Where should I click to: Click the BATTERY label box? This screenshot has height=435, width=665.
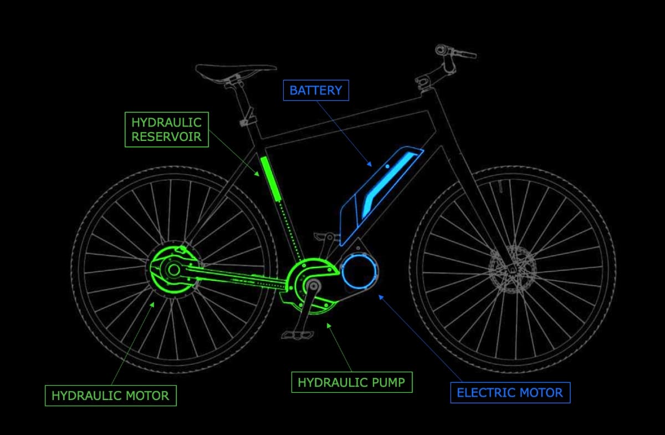pyautogui.click(x=316, y=90)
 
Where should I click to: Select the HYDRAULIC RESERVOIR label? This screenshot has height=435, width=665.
pyautogui.click(x=167, y=129)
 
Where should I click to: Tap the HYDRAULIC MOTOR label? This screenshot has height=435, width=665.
pyautogui.click(x=110, y=396)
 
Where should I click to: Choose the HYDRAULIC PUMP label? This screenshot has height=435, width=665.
pyautogui.click(x=351, y=382)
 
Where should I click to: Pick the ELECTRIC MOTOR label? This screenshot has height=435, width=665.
pyautogui.click(x=510, y=393)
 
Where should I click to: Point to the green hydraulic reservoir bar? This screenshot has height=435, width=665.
pyautogui.click(x=270, y=178)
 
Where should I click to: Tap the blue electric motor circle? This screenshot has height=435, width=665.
pyautogui.click(x=360, y=272)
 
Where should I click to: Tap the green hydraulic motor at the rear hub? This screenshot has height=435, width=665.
pyautogui.click(x=172, y=270)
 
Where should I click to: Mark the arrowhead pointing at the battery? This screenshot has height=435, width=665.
pyautogui.click(x=370, y=164)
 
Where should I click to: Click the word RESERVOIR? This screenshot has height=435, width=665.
pyautogui.click(x=167, y=136)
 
